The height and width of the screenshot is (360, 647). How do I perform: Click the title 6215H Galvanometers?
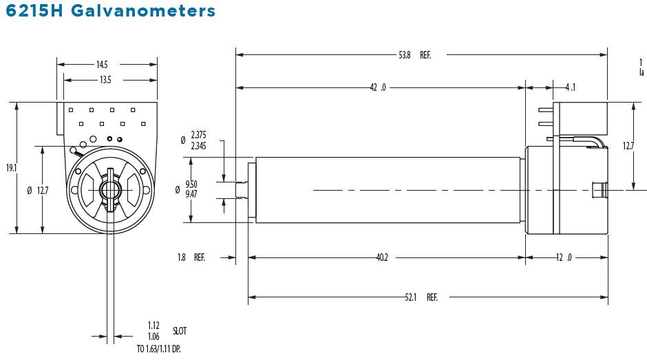point(109,12)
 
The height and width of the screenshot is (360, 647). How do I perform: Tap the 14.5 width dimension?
point(102,65)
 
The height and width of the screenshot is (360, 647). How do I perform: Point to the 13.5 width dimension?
point(105,80)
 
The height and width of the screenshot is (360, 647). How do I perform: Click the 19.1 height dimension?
point(10,167)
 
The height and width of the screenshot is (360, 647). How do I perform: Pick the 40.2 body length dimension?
point(382,257)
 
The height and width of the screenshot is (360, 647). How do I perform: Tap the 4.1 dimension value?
point(570,87)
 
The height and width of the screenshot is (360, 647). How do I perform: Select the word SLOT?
point(180,331)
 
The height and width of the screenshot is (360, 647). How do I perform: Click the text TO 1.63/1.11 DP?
point(158,349)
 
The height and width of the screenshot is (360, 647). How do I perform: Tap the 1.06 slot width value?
point(153,337)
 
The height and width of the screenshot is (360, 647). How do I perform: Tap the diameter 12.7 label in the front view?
point(39,191)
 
